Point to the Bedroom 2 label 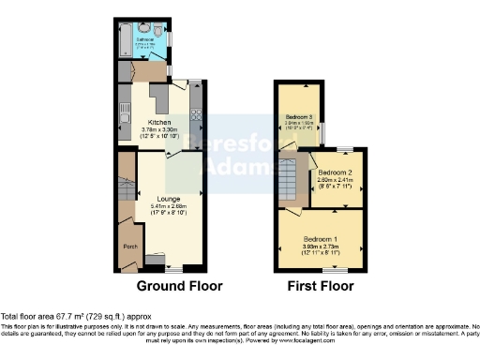coord(334,173)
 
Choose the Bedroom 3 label coord(300,116)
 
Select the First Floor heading coord(322,285)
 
